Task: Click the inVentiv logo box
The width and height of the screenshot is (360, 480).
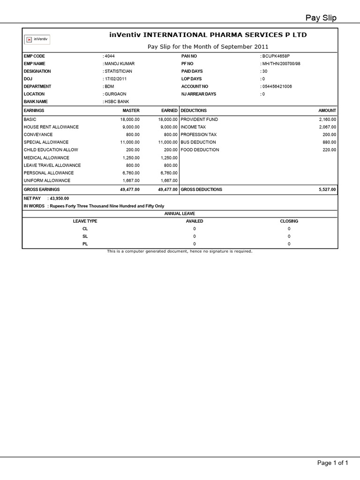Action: pyautogui.click(x=37, y=39)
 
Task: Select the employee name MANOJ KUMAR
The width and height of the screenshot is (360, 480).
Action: pyautogui.click(x=120, y=64)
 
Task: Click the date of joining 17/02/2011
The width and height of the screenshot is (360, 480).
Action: pyautogui.click(x=116, y=79)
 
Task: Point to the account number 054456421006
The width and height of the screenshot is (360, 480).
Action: pyautogui.click(x=277, y=86)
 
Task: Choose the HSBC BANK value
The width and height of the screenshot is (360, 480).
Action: pyautogui.click(x=117, y=102)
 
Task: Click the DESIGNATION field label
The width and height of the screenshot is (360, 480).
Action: pyautogui.click(x=37, y=71)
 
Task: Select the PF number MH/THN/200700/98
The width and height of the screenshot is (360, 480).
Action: pyautogui.click(x=281, y=64)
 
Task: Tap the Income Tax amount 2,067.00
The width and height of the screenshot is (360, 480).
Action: pyautogui.click(x=328, y=127)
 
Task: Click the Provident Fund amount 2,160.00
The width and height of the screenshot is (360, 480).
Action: pyautogui.click(x=328, y=120)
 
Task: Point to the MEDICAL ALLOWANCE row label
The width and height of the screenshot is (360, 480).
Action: pyautogui.click(x=46, y=158)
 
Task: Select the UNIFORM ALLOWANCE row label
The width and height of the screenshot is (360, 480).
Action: pyautogui.click(x=47, y=180)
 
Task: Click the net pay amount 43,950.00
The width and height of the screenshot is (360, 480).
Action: pyautogui.click(x=59, y=198)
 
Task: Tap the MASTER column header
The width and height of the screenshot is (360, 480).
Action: pyautogui.click(x=131, y=111)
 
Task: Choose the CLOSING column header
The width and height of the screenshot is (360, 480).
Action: pyautogui.click(x=289, y=221)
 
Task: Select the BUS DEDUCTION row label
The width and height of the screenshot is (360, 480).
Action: pyautogui.click(x=198, y=142)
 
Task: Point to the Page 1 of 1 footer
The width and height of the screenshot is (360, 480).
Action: pyautogui.click(x=333, y=463)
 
